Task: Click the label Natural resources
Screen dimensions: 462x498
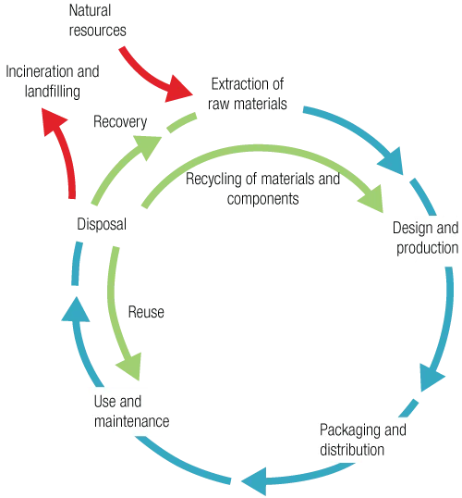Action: coord(97,20)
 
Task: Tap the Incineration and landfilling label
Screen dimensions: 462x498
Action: coord(53,81)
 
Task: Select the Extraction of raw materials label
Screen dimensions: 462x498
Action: coord(248,94)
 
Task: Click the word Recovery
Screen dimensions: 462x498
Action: coord(120,122)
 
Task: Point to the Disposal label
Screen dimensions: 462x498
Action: coord(102,224)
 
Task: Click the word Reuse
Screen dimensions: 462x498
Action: coord(146,312)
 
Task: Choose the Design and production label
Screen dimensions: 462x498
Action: coord(426,238)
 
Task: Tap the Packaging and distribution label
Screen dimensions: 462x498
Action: coord(363,440)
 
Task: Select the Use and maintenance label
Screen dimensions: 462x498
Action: coord(131,411)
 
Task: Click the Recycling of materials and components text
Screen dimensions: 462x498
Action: coord(262,189)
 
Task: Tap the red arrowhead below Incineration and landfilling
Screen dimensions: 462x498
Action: coord(54,121)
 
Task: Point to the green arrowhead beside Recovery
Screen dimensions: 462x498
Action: coord(146,147)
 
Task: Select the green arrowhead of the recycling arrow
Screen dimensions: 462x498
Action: coord(371,198)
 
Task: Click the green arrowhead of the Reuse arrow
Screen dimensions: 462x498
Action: coord(129,367)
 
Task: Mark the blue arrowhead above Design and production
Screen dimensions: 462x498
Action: coord(392,161)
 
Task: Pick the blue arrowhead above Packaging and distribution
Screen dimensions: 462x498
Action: coord(432,378)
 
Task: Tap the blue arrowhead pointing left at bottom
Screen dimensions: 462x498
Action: coord(255,481)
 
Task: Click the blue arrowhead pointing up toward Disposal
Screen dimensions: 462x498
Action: coord(76,310)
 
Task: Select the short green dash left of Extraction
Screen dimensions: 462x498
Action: coord(182,122)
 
